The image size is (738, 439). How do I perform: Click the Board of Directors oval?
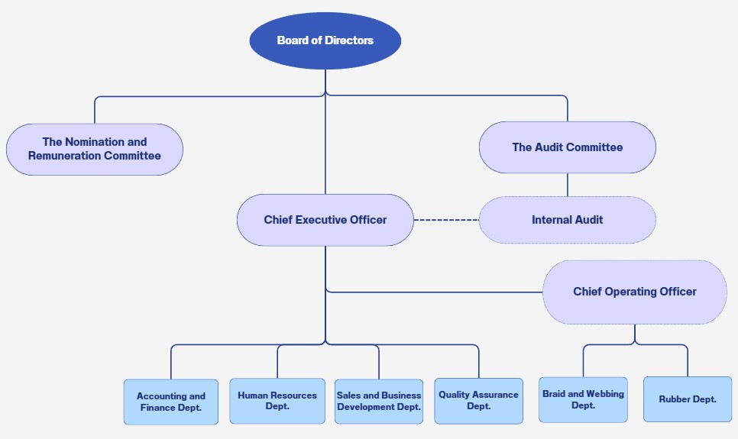pos(325,40)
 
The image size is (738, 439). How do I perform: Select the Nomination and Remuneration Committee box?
pos(95,149)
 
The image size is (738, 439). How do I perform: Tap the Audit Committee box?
pos(567,147)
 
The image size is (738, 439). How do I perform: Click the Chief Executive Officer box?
pos(325,220)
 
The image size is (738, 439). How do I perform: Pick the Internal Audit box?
pos(567,220)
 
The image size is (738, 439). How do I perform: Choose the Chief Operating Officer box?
pos(634,292)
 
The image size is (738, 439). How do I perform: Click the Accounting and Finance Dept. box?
pos(171,402)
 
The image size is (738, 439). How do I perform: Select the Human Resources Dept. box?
pos(277,401)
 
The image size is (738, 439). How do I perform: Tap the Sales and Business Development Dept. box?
pos(379,401)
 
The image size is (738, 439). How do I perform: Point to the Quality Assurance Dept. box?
pos(478,400)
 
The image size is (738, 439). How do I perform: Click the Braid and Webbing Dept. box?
pos(583,399)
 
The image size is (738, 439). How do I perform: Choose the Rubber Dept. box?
pos(688,399)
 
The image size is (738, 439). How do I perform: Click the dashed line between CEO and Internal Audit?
pos(446,220)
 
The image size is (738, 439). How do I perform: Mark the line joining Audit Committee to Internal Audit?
pos(567,185)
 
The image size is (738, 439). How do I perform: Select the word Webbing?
pos(605,394)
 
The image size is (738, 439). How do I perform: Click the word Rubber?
pos(675,399)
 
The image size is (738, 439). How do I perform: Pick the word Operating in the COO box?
pos(635,292)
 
